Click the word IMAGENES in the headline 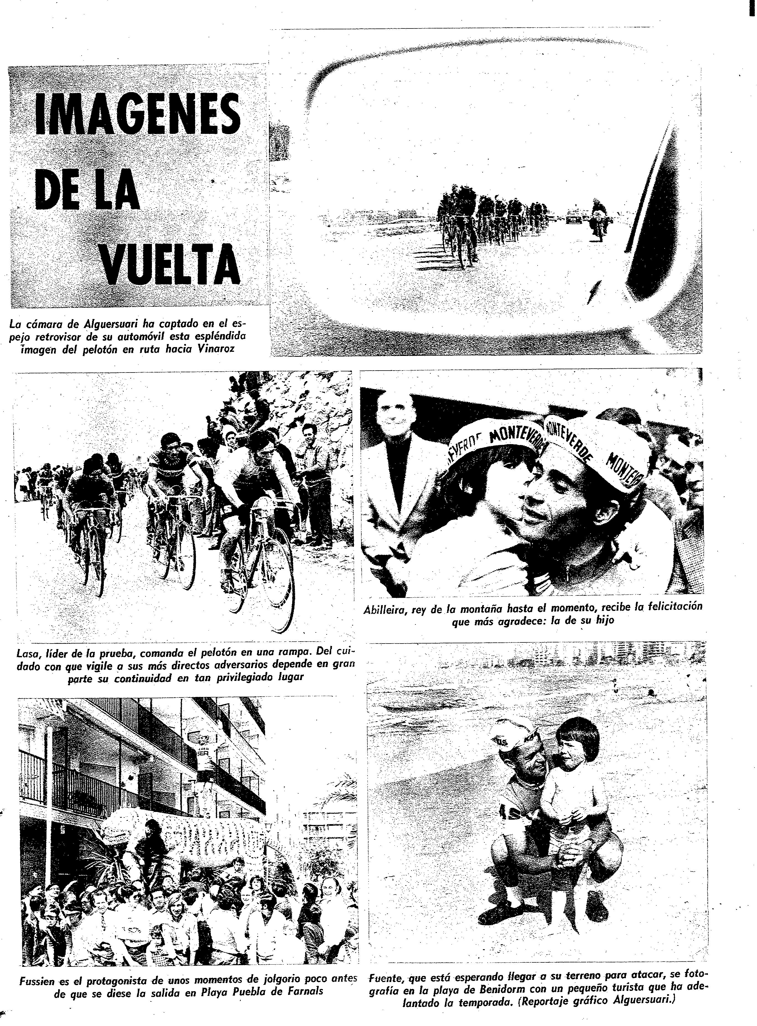click(x=138, y=120)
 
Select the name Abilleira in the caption click(x=384, y=610)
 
